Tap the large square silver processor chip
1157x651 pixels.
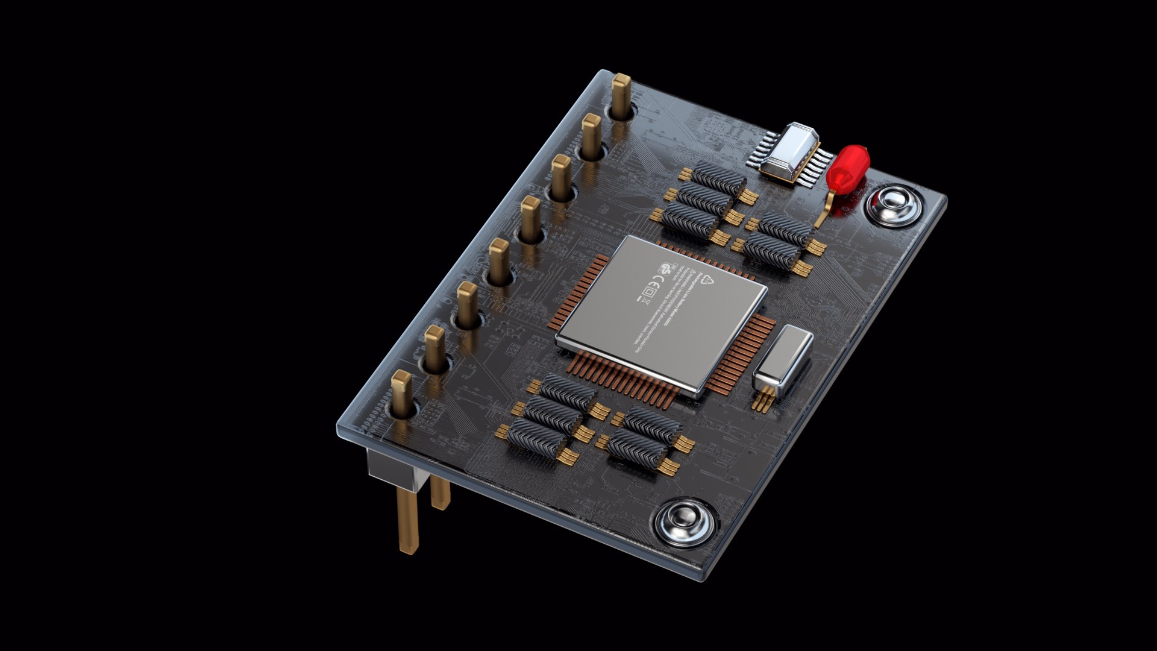(x=662, y=313)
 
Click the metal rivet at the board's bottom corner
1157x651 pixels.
(x=685, y=521)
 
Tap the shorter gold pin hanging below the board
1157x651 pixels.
(x=441, y=491)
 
